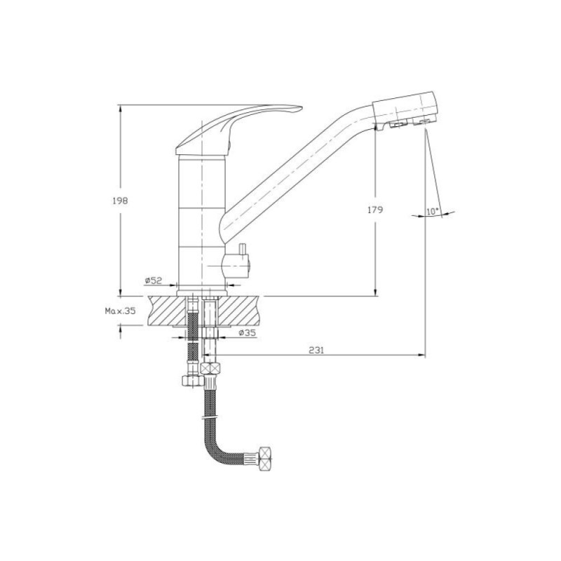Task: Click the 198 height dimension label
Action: [120, 201]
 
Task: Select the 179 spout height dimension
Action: [375, 209]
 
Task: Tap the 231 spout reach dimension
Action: [316, 350]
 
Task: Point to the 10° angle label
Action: [433, 212]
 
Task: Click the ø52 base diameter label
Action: [154, 280]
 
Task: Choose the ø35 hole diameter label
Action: [248, 332]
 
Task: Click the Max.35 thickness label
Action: [121, 311]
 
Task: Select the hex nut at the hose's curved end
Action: [265, 459]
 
